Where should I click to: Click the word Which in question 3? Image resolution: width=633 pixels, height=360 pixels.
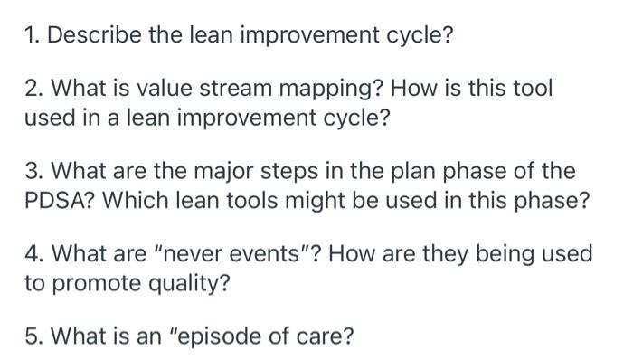(130, 200)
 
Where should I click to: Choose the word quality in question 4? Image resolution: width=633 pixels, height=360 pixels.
(181, 283)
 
